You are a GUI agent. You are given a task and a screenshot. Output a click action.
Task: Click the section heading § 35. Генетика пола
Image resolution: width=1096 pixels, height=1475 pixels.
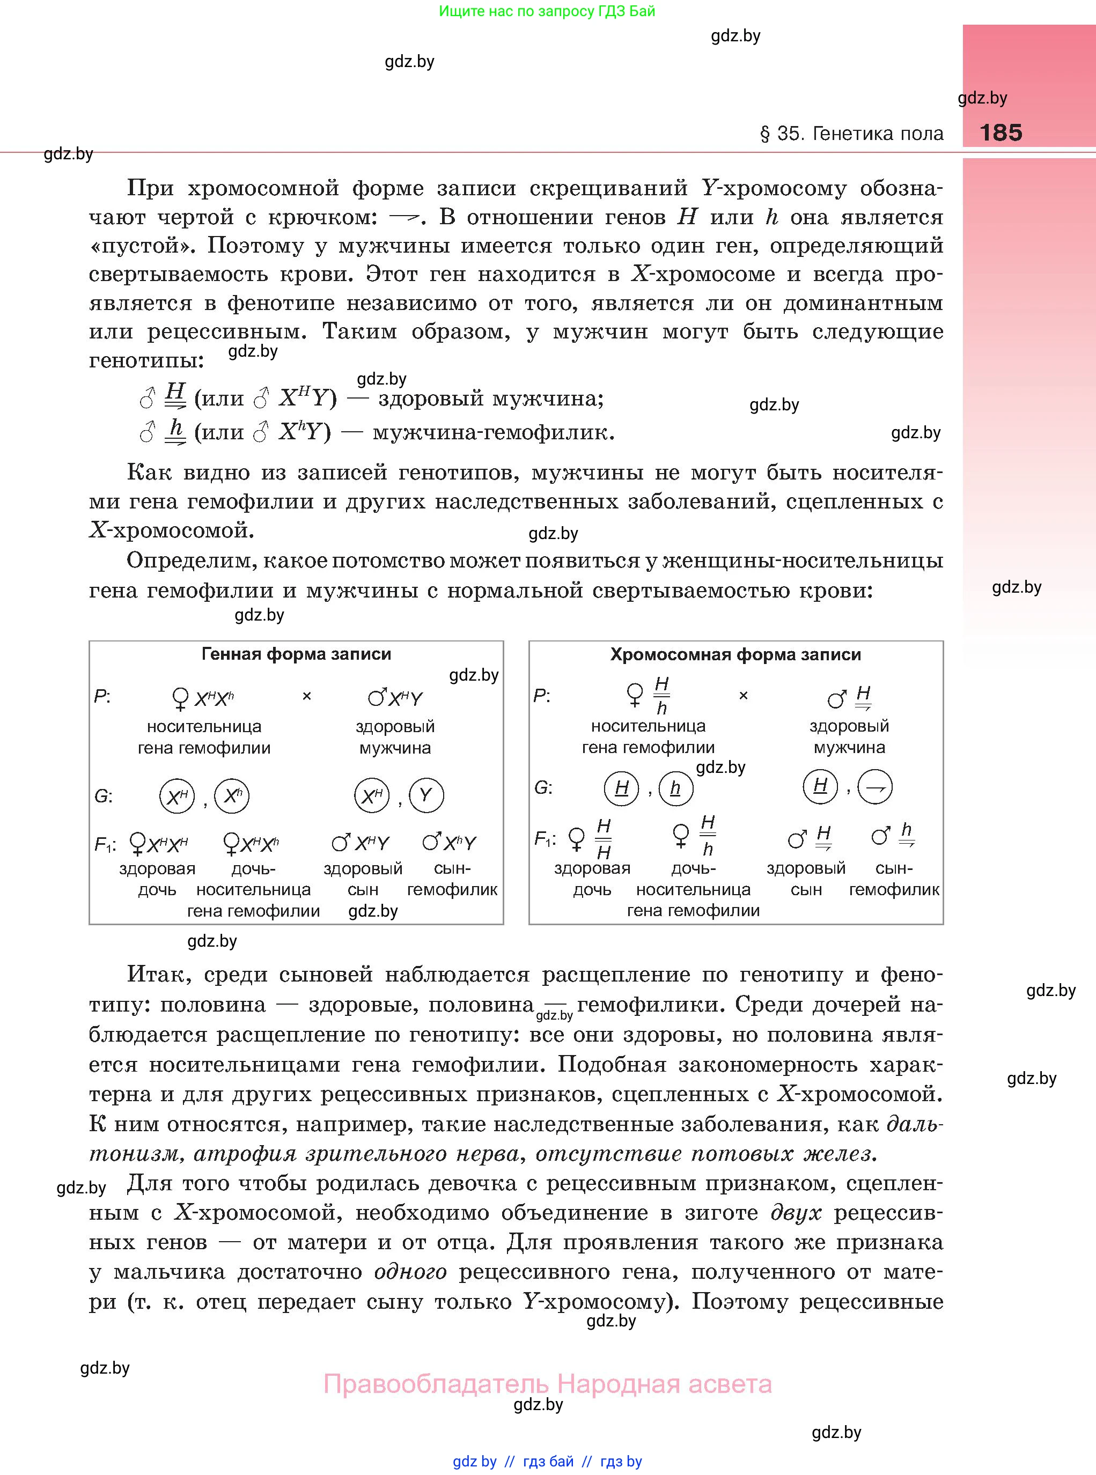point(851,134)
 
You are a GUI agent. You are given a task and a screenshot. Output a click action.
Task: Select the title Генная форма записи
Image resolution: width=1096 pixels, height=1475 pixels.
point(296,654)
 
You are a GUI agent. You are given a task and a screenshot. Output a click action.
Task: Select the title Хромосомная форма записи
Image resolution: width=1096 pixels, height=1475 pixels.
point(735,654)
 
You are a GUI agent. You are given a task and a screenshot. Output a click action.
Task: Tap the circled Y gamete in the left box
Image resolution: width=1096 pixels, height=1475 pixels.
point(426,795)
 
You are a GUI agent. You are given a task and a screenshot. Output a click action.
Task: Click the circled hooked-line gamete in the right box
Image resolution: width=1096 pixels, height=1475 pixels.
point(875,787)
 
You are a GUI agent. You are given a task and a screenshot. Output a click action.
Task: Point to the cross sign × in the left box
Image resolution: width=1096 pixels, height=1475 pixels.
point(306,696)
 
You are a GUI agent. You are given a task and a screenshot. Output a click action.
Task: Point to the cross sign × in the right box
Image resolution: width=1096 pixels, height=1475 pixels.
point(743,695)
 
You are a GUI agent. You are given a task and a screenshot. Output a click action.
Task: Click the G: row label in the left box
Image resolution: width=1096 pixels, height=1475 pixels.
point(103,796)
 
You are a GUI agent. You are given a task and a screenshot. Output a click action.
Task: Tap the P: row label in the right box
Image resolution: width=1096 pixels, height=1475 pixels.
point(542,696)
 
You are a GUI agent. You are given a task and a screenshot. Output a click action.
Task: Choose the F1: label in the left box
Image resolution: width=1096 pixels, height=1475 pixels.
point(105,844)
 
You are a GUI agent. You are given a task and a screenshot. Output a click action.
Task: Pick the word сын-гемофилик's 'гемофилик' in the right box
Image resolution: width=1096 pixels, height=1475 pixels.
point(894,889)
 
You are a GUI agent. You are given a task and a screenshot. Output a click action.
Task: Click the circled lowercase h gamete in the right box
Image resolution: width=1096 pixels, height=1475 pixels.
point(675,788)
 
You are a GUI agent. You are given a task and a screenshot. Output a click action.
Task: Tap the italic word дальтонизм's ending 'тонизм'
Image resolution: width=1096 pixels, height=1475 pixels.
point(135,1154)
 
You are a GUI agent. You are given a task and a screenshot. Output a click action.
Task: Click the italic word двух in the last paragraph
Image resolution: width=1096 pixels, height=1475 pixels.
point(796,1213)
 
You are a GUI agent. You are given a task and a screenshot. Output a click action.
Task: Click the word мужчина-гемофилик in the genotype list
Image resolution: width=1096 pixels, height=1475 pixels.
point(493,432)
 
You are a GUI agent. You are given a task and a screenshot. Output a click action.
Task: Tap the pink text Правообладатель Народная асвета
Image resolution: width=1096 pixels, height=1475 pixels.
point(547,1384)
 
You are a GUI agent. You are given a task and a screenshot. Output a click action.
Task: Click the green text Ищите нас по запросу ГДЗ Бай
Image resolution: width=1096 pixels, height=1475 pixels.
point(547,11)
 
